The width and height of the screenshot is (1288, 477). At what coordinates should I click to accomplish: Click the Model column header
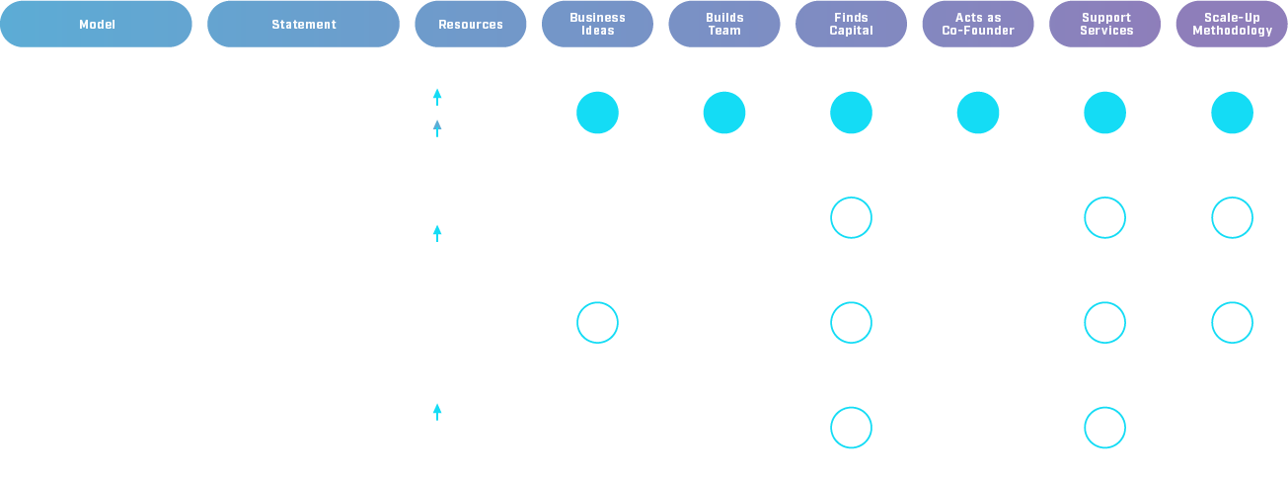coord(97,24)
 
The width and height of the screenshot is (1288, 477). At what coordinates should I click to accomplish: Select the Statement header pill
coord(303,24)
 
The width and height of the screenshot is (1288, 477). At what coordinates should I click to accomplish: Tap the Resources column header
coord(470,24)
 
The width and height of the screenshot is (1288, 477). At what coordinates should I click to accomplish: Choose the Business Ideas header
coord(597,24)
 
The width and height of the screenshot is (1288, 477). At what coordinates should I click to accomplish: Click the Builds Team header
coord(723,24)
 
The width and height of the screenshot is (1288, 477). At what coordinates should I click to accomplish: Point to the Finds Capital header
coord(851,24)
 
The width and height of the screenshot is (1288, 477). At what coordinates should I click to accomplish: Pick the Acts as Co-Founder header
coord(978,24)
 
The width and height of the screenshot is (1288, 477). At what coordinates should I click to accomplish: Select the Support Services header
coord(1104,24)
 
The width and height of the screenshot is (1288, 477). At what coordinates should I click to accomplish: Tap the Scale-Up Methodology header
coord(1232,24)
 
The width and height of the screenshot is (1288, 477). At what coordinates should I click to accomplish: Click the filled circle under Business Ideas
coord(597,113)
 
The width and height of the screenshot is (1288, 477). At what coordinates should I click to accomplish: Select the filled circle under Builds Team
coord(723,113)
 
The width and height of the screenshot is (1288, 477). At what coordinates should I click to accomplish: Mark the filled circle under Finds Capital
coord(851,113)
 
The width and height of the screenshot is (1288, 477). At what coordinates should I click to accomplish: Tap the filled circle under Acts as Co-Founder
coord(978,113)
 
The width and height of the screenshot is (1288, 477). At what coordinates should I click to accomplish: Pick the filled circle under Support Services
coord(1104,113)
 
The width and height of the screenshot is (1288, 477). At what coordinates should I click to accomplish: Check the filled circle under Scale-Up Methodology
coord(1232,113)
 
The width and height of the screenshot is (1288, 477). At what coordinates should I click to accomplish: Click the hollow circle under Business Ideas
coord(597,323)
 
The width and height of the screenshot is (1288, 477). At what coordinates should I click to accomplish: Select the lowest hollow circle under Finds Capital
coord(851,428)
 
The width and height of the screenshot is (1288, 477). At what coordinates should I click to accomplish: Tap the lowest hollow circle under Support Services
coord(1104,428)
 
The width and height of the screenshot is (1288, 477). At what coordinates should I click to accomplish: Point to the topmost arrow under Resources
coord(437,97)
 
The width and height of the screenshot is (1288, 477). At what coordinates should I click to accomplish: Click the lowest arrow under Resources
coord(437,411)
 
